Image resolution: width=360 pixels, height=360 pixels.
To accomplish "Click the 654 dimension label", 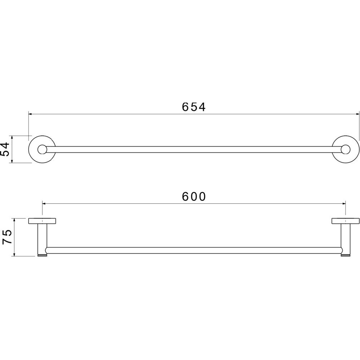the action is (x=194, y=107).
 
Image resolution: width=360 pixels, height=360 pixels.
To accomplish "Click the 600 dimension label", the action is (x=194, y=197).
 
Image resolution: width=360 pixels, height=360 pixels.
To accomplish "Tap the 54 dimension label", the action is (x=5, y=149).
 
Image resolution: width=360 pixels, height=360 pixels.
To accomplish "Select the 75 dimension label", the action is (x=6, y=237).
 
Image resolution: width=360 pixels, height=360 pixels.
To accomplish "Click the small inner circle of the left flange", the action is (x=42, y=149).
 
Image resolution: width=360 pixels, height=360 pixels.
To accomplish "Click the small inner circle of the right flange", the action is (x=346, y=149).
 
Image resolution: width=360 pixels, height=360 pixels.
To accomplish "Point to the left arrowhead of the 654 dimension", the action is (x=30, y=114).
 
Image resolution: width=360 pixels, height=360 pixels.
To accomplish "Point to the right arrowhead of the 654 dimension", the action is (x=357, y=114).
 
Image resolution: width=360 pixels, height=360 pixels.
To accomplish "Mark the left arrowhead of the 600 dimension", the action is (x=44, y=203).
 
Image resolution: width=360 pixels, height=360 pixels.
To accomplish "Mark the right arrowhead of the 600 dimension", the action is (x=344, y=203).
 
